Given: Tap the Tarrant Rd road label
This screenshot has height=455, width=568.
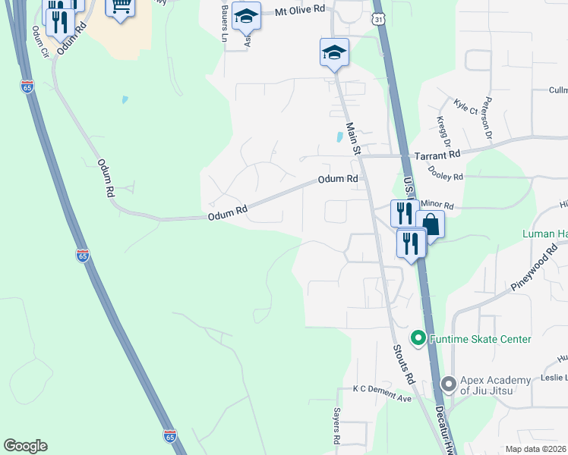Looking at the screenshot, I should click(x=437, y=154).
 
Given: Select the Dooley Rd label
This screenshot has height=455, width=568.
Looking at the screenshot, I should click(x=446, y=177).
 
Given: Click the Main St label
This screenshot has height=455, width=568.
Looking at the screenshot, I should click(x=352, y=138).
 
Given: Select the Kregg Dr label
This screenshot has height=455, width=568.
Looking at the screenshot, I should click(x=443, y=131).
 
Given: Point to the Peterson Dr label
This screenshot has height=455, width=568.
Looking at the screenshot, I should click(x=488, y=112).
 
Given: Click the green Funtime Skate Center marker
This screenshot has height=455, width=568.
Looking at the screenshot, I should click(x=417, y=338).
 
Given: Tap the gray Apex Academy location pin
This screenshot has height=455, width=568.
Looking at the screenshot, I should click(x=447, y=384).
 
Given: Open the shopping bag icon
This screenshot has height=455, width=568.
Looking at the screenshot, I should click(x=430, y=225).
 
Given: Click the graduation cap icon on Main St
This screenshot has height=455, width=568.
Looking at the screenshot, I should click(x=334, y=52).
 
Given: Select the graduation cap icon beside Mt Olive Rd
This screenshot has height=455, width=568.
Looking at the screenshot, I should click(x=246, y=16).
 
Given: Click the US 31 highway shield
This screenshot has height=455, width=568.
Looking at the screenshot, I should click(x=379, y=17).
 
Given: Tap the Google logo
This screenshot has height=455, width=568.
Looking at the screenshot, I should click(x=26, y=446).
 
